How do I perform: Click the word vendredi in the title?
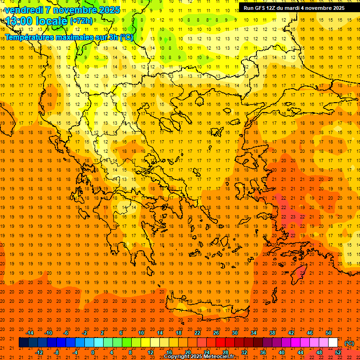[x=24, y=10]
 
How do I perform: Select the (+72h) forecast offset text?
[x=82, y=21]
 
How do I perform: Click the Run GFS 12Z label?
[x=262, y=8]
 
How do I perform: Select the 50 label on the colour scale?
[x=329, y=333]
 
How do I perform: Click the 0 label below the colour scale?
[x=93, y=352]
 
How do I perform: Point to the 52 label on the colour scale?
[x=338, y=352]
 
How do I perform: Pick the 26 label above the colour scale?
[x=216, y=333]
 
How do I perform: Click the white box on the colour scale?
[x=333, y=343]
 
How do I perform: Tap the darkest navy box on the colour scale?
[x=23, y=343]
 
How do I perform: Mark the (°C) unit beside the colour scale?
[x=349, y=343]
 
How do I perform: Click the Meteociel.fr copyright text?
[x=199, y=357]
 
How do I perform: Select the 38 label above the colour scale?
[x=272, y=333]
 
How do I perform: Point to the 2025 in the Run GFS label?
[x=337, y=8]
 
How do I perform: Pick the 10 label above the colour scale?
[x=141, y=333]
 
